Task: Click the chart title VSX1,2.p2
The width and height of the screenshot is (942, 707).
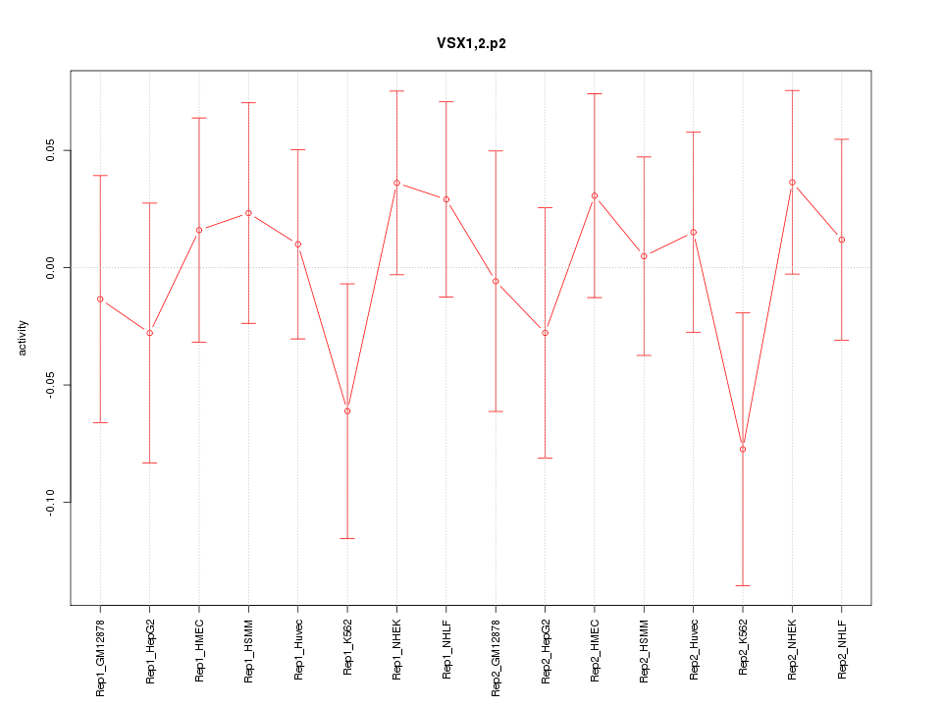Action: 471,43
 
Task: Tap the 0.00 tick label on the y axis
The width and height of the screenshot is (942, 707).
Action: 51,268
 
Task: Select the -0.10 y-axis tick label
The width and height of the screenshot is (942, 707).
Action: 51,503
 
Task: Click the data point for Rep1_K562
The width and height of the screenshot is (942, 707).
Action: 347,410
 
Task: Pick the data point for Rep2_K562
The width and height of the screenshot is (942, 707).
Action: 743,449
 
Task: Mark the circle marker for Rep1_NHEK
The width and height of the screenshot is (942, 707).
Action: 396,183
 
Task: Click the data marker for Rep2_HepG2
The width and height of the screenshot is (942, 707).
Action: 546,333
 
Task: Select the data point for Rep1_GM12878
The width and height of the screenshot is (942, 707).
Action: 100,299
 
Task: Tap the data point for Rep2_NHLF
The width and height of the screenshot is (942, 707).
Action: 842,240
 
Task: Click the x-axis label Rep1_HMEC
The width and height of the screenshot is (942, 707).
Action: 199,650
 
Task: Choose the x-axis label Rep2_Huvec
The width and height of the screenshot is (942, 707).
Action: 694,650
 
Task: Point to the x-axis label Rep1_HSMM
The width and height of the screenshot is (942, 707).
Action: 248,650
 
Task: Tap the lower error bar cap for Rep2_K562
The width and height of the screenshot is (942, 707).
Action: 743,585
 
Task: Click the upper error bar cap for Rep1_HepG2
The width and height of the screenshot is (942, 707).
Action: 150,203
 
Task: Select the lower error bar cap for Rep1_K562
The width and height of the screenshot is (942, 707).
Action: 347,538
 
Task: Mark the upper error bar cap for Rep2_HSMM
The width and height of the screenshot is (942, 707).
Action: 644,157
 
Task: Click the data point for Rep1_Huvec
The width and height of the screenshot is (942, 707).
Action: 297,244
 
